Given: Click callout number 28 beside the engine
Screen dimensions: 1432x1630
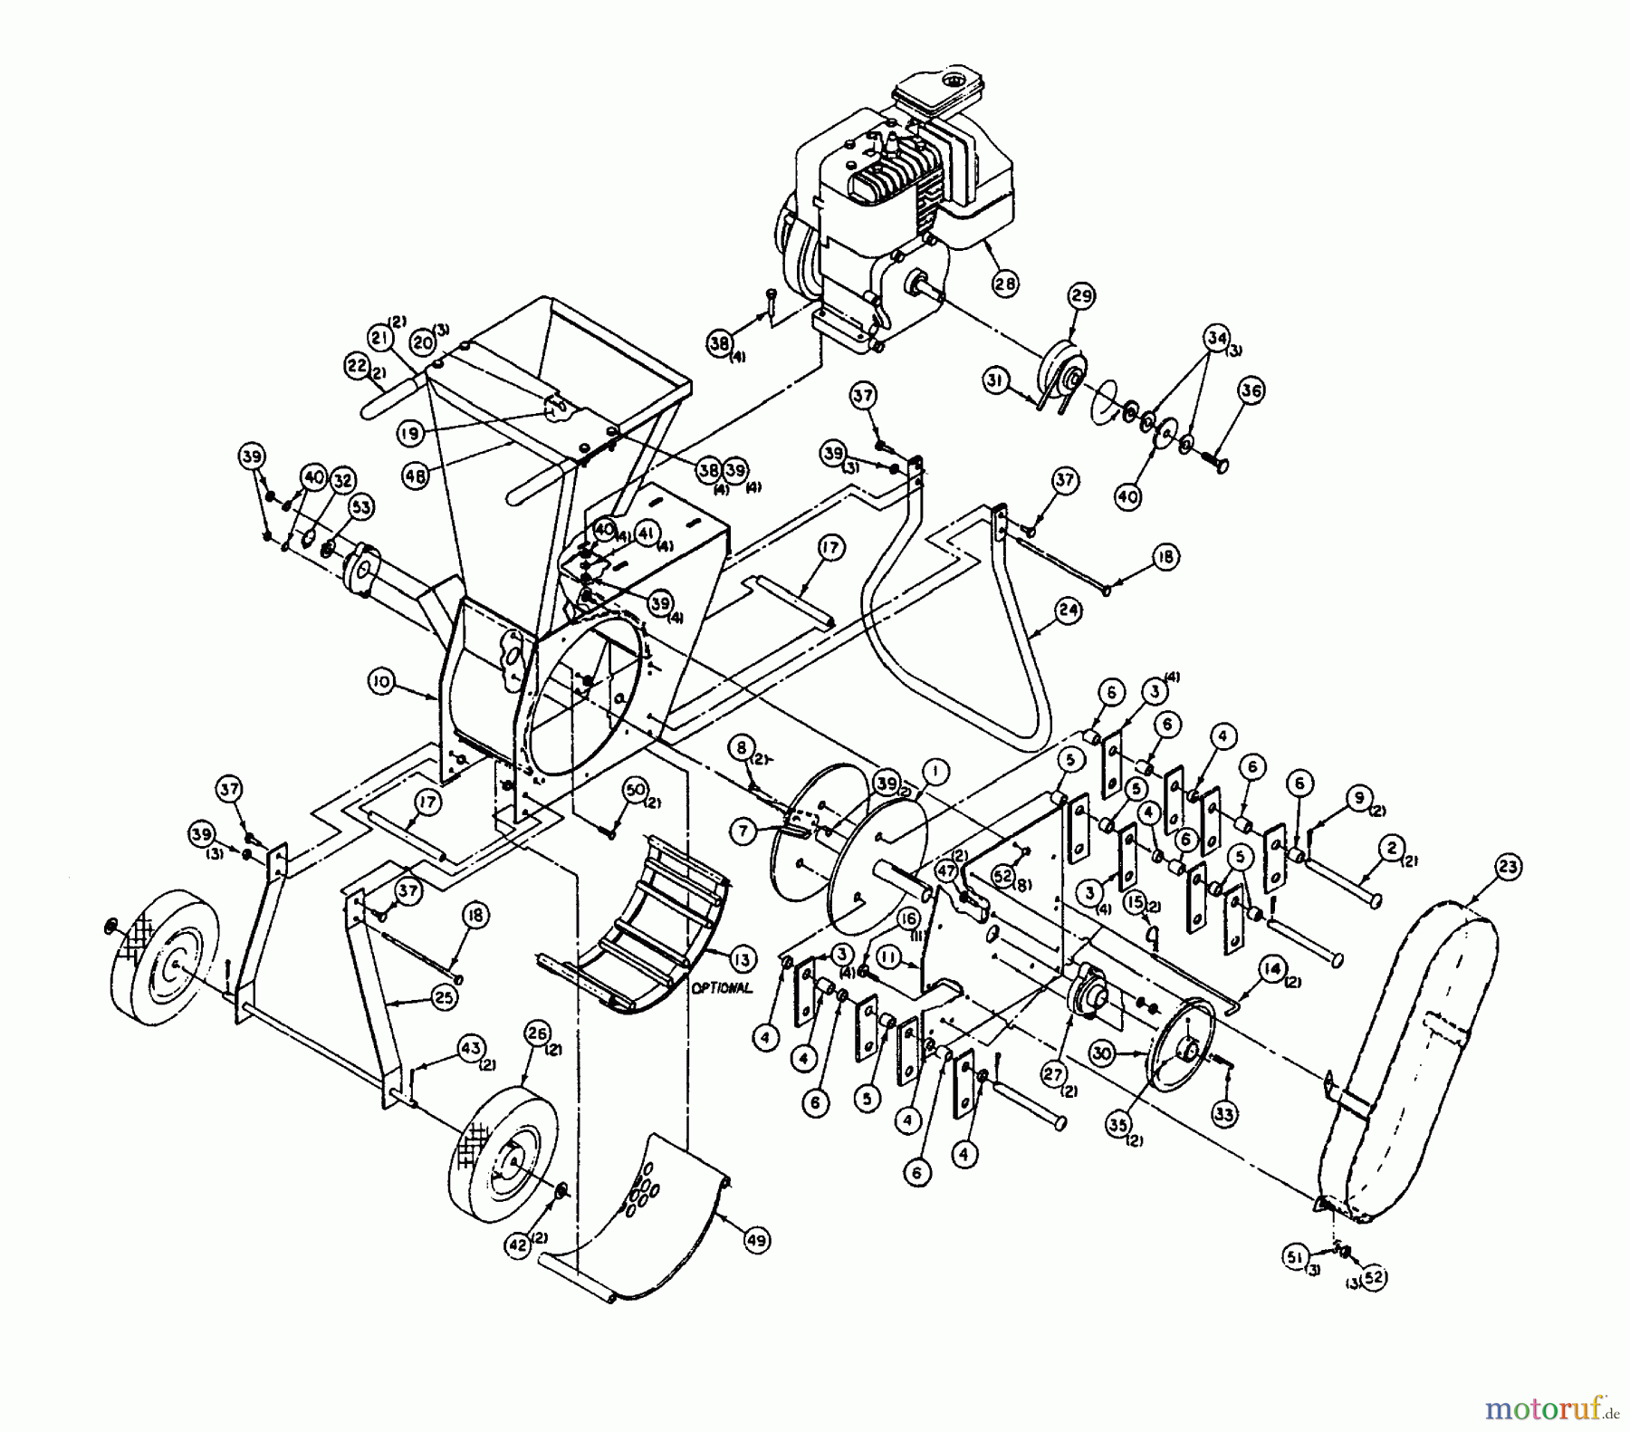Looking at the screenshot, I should [1004, 283].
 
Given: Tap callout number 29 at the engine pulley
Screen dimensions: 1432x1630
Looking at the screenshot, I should [1082, 296].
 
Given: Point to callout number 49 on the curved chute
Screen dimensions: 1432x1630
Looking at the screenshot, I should [756, 1240].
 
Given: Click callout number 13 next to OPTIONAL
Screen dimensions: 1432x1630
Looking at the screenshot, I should [743, 959].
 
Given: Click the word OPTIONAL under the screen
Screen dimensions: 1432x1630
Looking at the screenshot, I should [721, 988].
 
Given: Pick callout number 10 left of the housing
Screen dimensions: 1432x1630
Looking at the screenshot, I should [382, 682].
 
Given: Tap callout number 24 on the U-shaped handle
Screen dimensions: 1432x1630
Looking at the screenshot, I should [1069, 610].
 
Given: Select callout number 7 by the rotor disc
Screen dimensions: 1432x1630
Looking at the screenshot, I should [743, 832].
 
